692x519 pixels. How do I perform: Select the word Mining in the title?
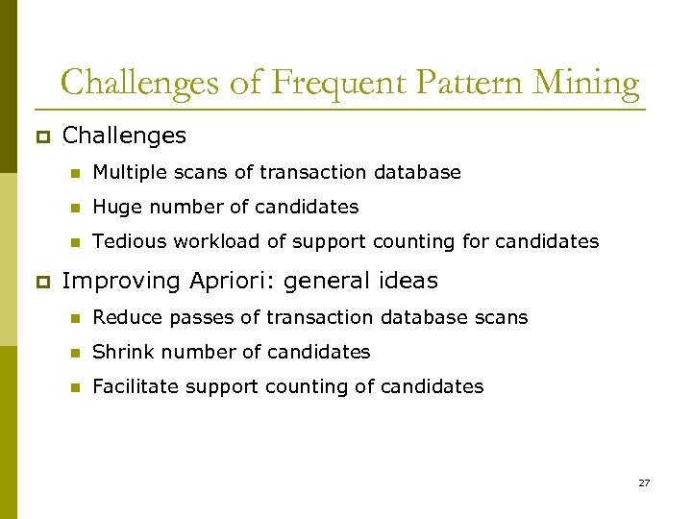tap(586, 84)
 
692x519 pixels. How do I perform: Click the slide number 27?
tap(644, 482)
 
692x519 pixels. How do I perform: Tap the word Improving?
tap(121, 282)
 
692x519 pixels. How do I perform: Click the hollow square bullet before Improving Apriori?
tap(40, 282)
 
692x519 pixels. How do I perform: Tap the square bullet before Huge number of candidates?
tap(73, 208)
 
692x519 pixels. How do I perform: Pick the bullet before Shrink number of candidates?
tap(73, 353)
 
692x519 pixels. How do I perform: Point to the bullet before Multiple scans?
tap(73, 173)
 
